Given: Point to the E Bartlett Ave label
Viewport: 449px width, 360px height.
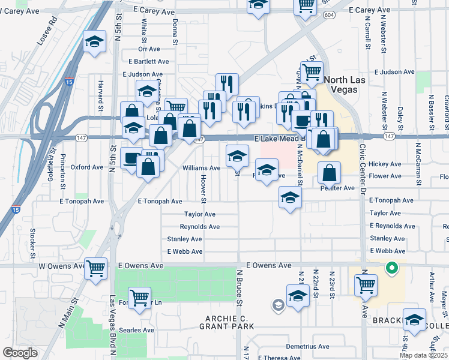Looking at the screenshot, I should point(149,61).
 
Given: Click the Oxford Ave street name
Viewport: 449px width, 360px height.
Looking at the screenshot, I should point(87,167).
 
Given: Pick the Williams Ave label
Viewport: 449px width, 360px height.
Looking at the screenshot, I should point(201,169).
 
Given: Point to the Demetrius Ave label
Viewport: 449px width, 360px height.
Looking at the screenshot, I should point(307,347).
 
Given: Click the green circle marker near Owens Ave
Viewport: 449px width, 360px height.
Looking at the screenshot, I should point(391,268).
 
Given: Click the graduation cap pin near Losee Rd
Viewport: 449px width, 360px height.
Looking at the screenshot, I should point(94,41).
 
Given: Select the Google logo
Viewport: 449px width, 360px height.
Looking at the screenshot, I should point(20,353).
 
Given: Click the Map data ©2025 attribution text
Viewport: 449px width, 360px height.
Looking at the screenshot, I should point(423,355).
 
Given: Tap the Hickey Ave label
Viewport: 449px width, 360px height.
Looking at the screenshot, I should point(385,164).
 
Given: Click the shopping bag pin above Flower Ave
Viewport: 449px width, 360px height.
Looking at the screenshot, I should point(330,173).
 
